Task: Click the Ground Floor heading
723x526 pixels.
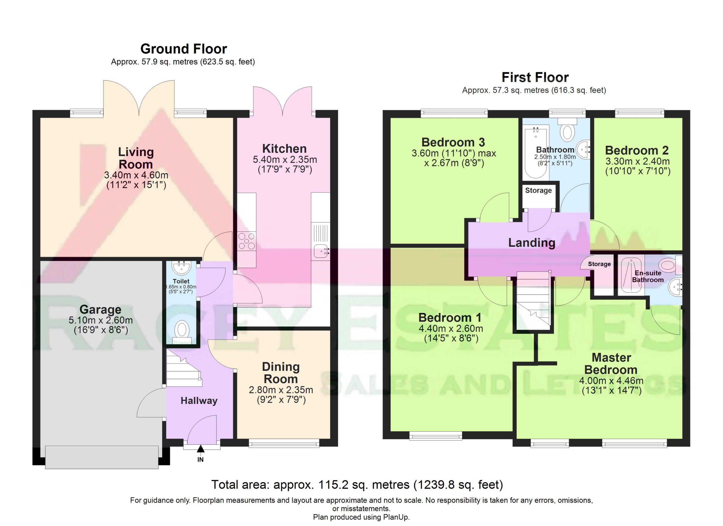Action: [184, 49]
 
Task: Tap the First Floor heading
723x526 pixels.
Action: [535, 77]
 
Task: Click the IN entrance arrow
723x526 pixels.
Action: [201, 449]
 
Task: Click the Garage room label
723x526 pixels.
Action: [101, 309]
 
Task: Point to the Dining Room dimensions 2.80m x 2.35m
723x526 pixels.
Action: [281, 390]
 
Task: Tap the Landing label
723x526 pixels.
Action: [532, 243]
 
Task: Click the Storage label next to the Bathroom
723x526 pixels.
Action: [538, 190]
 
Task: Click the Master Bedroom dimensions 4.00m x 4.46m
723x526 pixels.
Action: [611, 380]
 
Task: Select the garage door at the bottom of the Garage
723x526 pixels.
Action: [102, 457]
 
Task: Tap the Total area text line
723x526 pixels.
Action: [357, 484]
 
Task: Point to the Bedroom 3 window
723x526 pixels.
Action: [454, 112]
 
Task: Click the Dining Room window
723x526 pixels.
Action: [284, 443]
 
